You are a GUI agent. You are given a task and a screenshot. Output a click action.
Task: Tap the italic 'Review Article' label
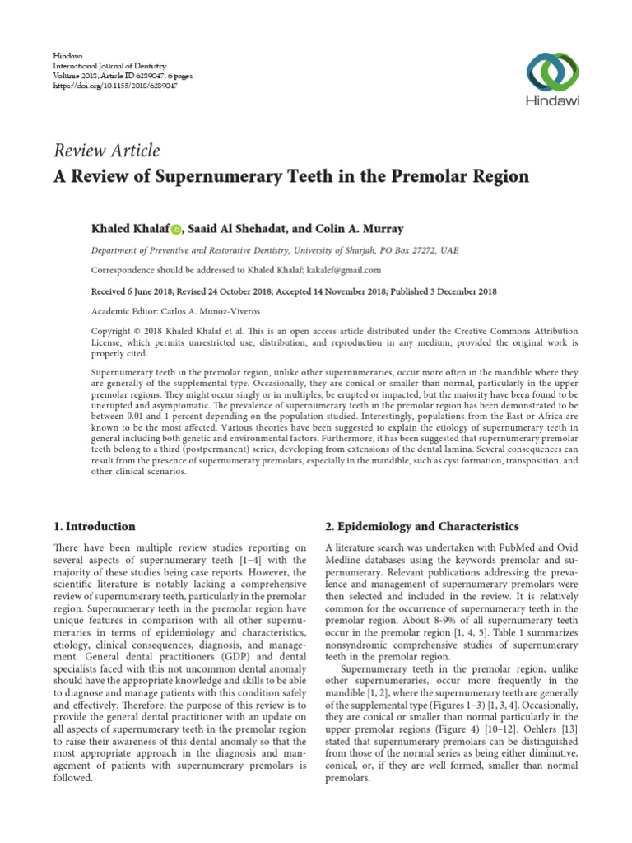tap(106, 150)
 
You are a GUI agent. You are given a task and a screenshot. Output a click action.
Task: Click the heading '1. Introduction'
tap(95, 526)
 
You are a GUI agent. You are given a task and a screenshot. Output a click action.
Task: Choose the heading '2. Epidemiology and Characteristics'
tap(422, 526)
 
